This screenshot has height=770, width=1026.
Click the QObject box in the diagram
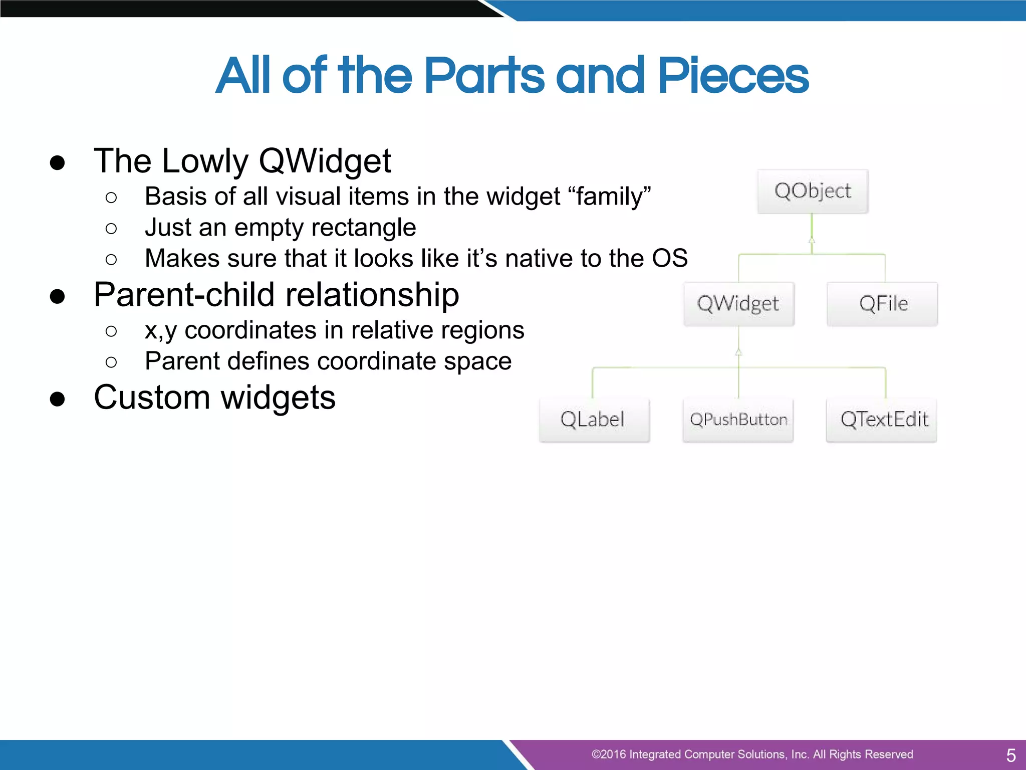pyautogui.click(x=812, y=191)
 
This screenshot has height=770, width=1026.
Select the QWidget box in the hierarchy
pyautogui.click(x=738, y=304)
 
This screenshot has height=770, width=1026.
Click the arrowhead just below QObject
pyautogui.click(x=812, y=240)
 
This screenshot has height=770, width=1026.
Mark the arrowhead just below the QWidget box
pyautogui.click(x=738, y=352)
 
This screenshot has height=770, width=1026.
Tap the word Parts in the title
pyautogui.click(x=484, y=76)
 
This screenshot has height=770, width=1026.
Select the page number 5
pyautogui.click(x=1010, y=755)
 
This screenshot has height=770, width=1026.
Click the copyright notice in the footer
pyautogui.click(x=751, y=754)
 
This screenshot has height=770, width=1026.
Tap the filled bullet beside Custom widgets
pyautogui.click(x=58, y=400)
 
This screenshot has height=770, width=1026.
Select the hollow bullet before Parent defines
pyautogui.click(x=111, y=362)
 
